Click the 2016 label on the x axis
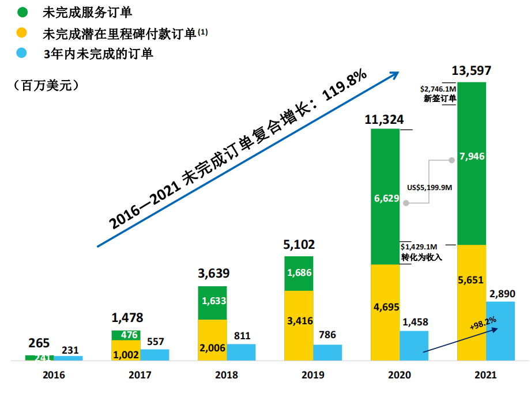(54, 375)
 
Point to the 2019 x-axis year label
(313, 375)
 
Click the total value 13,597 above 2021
(472, 71)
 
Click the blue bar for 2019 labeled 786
(327, 352)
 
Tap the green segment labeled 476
(126, 335)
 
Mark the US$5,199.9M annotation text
(428, 187)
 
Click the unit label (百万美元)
(46, 86)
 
